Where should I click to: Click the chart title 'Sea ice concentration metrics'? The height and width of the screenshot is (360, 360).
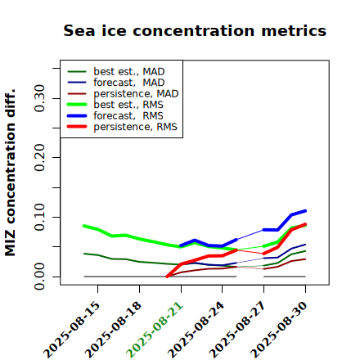pyautogui.click(x=195, y=30)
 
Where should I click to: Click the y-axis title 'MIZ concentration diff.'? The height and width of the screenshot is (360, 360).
pyautogui.click(x=10, y=173)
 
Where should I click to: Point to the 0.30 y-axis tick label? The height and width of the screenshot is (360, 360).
pyautogui.click(x=40, y=98)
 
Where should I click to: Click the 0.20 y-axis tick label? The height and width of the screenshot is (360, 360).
pyautogui.click(x=40, y=157)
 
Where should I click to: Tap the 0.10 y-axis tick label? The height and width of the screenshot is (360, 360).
pyautogui.click(x=40, y=217)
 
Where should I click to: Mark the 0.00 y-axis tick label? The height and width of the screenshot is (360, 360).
pyautogui.click(x=40, y=277)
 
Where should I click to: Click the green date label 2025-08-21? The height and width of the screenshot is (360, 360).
pyautogui.click(x=155, y=330)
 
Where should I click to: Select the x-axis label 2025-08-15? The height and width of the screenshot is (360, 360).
pyautogui.click(x=71, y=330)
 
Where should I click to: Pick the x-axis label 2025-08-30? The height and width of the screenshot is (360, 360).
pyautogui.click(x=279, y=330)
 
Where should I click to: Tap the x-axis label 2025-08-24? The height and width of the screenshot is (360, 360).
pyautogui.click(x=196, y=330)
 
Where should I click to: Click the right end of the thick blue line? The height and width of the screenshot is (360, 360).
pyautogui.click(x=305, y=211)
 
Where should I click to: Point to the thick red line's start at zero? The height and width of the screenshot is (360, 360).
pyautogui.click(x=167, y=277)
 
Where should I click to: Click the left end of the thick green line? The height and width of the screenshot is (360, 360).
pyautogui.click(x=84, y=226)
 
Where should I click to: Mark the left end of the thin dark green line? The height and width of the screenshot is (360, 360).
pyautogui.click(x=84, y=254)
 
